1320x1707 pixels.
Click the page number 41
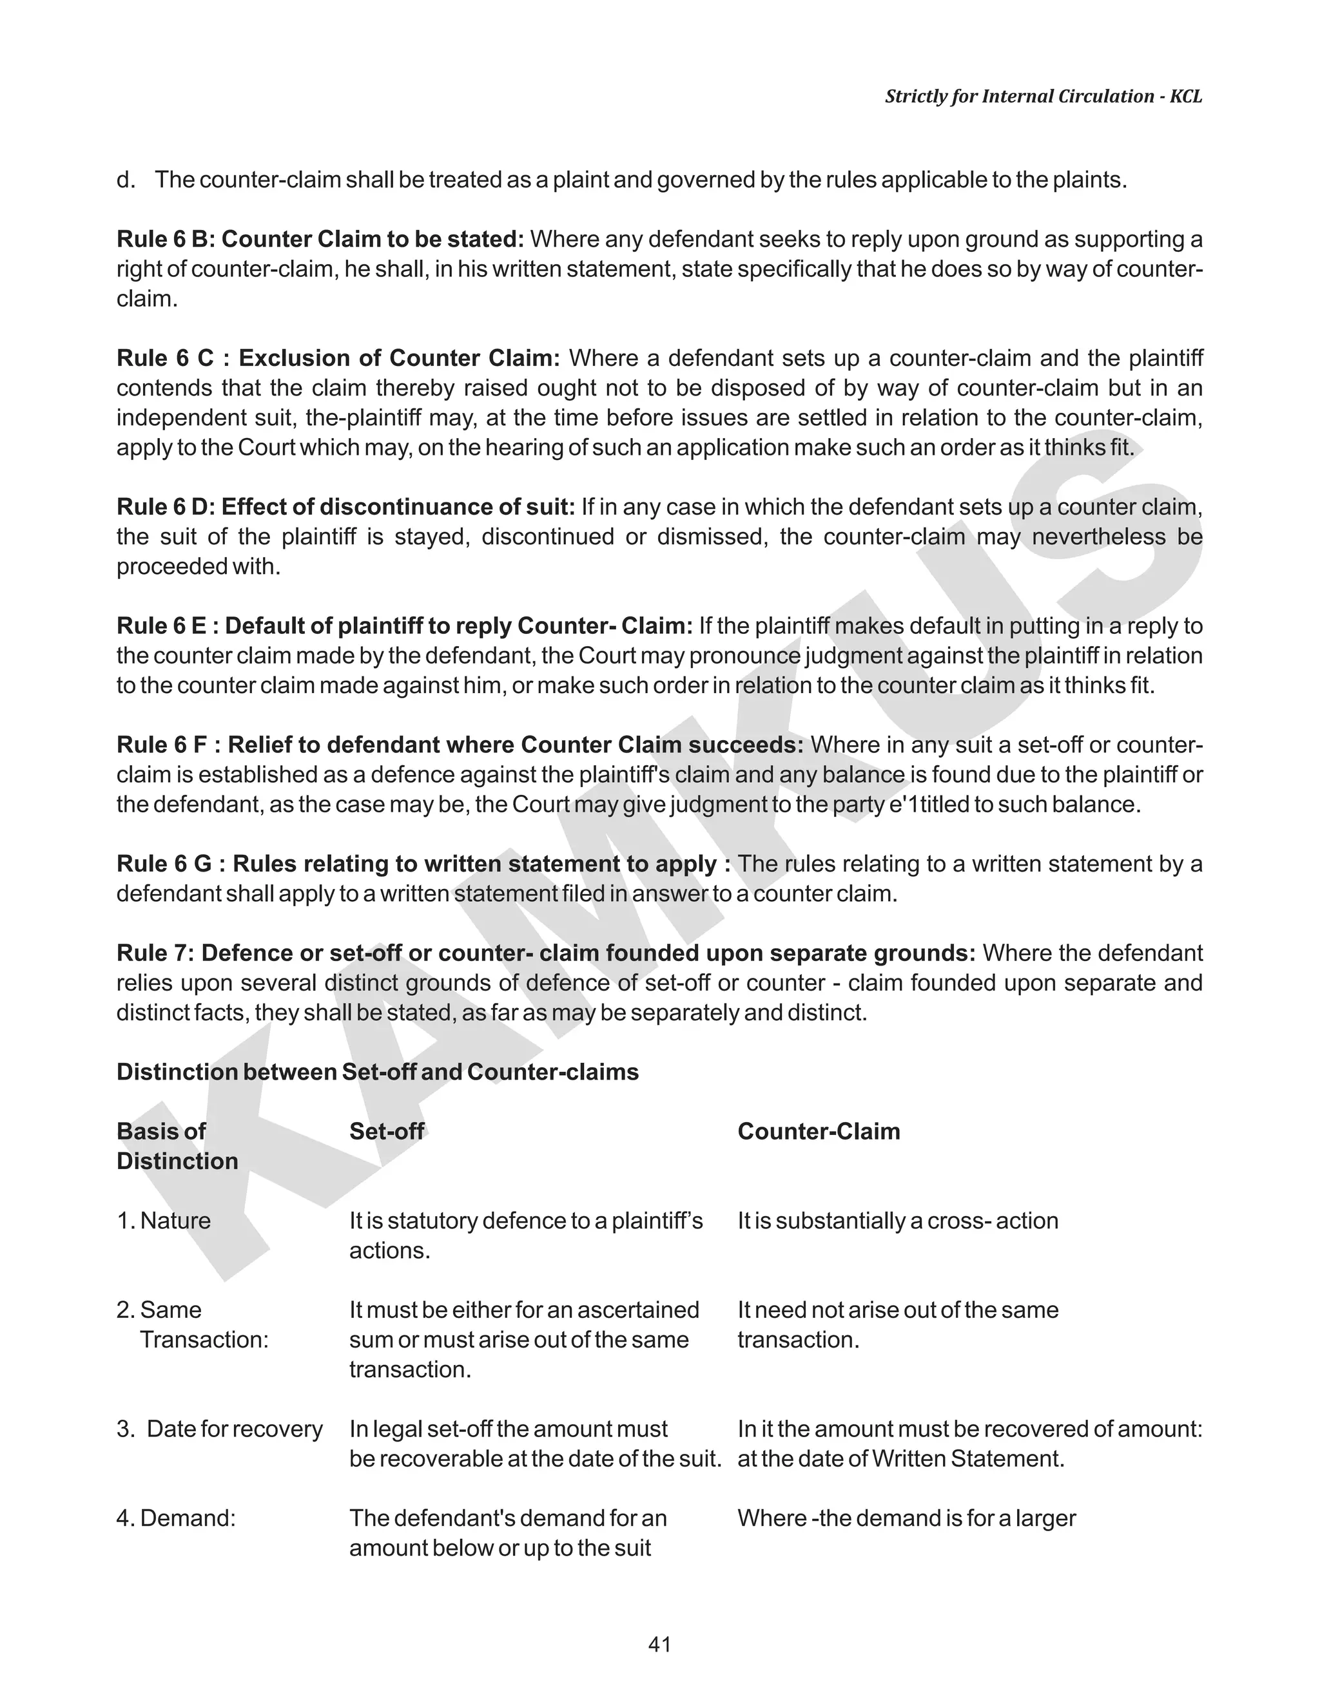[659, 1645]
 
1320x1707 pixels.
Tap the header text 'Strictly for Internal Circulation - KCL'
[1043, 96]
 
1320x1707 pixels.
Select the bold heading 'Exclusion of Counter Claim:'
[400, 358]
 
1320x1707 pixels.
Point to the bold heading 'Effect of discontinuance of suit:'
[398, 506]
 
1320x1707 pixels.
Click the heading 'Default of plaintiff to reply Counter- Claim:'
[459, 625]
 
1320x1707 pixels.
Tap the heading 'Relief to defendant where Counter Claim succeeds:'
[516, 744]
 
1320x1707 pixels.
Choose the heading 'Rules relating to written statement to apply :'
[481, 864]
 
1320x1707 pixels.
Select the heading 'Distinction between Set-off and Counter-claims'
[378, 1072]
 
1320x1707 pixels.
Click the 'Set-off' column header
[386, 1131]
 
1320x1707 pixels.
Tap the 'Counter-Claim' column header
[819, 1131]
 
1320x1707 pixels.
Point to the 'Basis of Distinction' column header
[177, 1146]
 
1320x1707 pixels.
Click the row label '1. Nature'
[164, 1220]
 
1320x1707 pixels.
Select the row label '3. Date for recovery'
[220, 1429]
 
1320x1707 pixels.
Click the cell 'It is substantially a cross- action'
[898, 1220]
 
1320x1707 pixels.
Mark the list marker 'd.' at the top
[125, 180]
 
